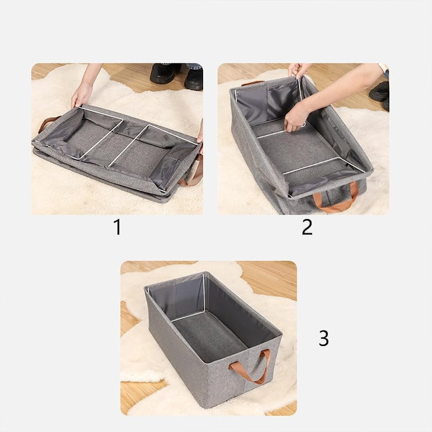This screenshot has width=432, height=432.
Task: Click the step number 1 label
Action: pos(117,227)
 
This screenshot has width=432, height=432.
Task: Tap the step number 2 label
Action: pos(307,227)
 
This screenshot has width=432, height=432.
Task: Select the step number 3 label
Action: pos(323,339)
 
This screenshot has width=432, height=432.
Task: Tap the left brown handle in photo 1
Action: pos(49,123)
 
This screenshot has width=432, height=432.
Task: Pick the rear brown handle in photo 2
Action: pos(252,83)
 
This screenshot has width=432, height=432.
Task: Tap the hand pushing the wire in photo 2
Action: pos(296,118)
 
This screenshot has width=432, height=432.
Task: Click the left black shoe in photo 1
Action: pos(165,73)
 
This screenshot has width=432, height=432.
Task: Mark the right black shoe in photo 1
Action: pos(193,78)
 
